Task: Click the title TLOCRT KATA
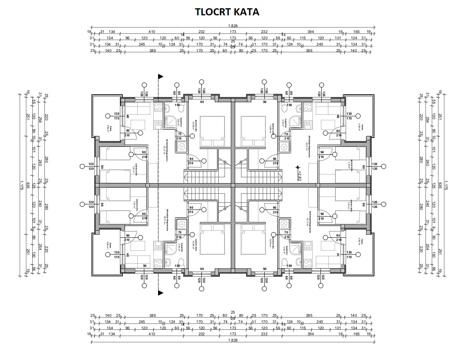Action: pos(227,12)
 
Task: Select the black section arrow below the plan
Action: pos(160,293)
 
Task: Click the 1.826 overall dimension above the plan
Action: pos(233,26)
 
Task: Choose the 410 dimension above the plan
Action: pos(152,32)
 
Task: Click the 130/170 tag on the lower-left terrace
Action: pos(116,255)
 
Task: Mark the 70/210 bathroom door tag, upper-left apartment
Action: pos(179,136)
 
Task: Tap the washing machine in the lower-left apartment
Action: pos(181,223)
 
